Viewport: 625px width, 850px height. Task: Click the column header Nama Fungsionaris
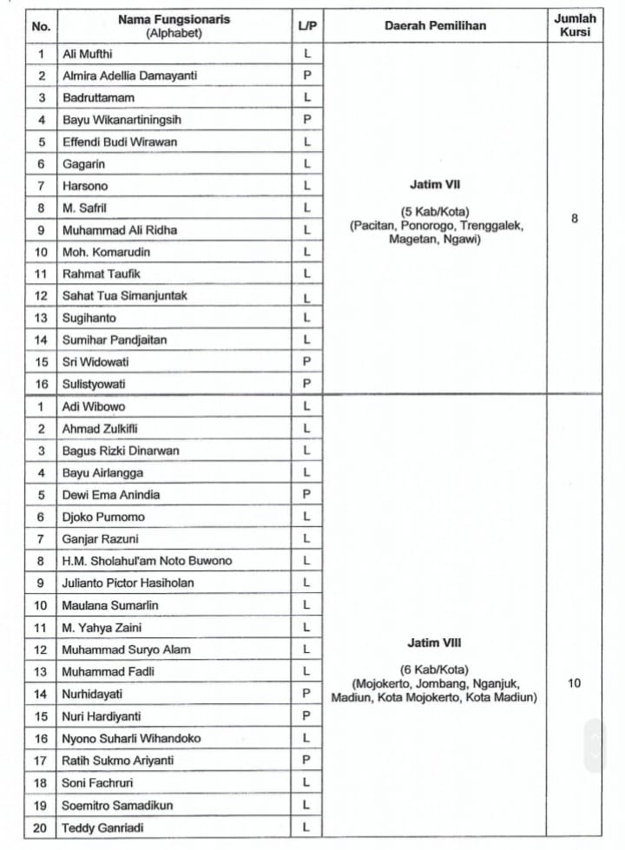tap(175, 19)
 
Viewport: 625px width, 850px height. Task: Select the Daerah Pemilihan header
tap(435, 26)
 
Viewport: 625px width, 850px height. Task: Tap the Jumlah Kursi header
tap(575, 25)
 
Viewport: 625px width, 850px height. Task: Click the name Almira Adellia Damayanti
tap(129, 76)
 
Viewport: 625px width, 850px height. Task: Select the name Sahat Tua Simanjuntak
tap(125, 295)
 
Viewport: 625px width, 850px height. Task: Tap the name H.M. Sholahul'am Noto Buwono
tap(147, 561)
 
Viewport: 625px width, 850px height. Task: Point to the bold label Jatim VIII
tap(434, 643)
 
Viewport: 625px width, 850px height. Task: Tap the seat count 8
tap(575, 219)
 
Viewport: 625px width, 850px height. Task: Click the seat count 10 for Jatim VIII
tap(575, 683)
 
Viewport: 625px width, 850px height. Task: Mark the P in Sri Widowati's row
tap(306, 361)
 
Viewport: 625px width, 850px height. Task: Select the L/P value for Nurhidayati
tap(306, 694)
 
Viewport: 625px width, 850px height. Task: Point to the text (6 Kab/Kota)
tap(434, 669)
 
